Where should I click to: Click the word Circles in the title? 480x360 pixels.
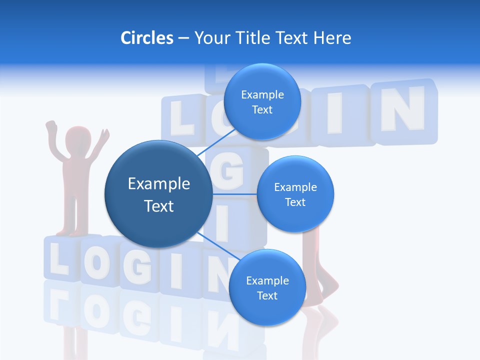pyautogui.click(x=146, y=38)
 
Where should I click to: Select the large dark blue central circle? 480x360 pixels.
pyautogui.click(x=158, y=194)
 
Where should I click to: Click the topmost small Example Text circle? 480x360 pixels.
pyautogui.click(x=262, y=101)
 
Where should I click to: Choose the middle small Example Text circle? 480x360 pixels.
pyautogui.click(x=295, y=194)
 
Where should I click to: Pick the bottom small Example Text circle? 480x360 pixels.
pyautogui.click(x=267, y=287)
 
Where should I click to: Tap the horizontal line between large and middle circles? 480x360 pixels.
pyautogui.click(x=234, y=194)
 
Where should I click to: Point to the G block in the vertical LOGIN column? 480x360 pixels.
pyautogui.click(x=233, y=172)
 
